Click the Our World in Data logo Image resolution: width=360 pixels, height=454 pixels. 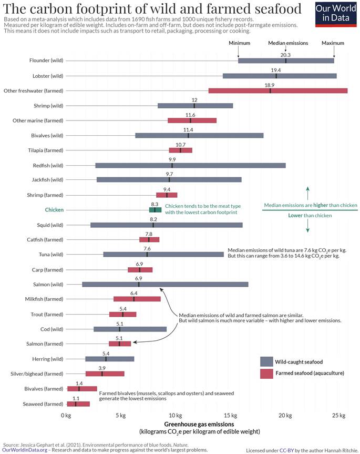tap(337, 14)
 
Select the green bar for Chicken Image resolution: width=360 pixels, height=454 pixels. tap(155, 210)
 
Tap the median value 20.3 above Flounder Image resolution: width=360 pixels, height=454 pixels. tap(285, 54)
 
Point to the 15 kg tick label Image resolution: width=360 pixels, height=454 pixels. tap(230, 416)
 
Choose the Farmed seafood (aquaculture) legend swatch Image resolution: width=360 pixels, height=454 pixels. tap(267, 374)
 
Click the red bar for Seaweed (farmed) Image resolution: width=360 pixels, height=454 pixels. tap(78, 404)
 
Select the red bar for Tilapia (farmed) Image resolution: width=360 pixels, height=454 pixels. tap(180, 150)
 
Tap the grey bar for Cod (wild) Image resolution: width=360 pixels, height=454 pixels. tap(130, 329)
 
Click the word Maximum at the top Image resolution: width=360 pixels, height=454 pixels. tap(333, 43)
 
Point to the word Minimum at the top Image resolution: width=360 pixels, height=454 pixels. tap(239, 43)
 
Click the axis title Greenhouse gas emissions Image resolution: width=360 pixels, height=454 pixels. tap(199, 424)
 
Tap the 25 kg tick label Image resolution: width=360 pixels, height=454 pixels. tap(340, 416)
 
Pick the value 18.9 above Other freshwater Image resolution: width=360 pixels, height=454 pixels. tap(270, 85)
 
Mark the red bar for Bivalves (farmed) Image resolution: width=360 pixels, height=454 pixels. tap(82, 389)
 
